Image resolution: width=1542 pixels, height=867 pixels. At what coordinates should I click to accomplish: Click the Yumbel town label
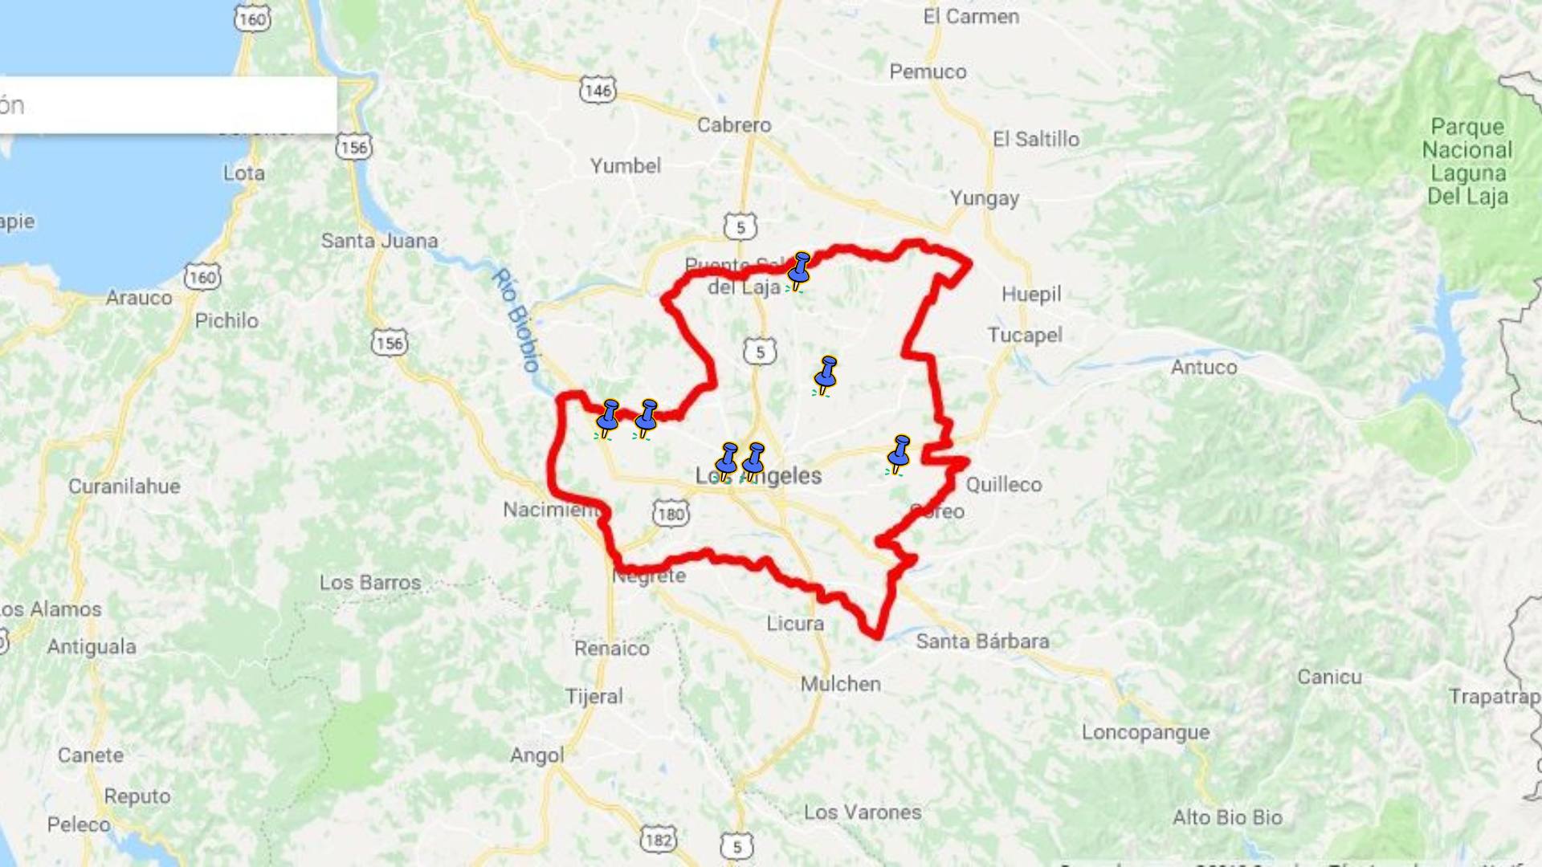pyautogui.click(x=626, y=166)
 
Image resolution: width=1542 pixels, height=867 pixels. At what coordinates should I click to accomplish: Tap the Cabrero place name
pyautogui.click(x=734, y=125)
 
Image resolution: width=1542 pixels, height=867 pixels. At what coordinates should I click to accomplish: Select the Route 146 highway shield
pyautogui.click(x=598, y=90)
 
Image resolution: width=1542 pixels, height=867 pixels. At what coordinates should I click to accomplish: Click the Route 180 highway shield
pyautogui.click(x=671, y=514)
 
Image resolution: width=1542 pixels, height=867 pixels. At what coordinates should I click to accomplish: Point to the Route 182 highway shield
pyautogui.click(x=658, y=840)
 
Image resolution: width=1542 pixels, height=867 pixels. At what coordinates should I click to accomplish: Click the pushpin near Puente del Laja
pyautogui.click(x=798, y=271)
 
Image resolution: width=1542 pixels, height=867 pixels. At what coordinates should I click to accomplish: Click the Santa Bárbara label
pyautogui.click(x=982, y=641)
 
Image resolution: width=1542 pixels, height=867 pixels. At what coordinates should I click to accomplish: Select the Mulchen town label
pyautogui.click(x=841, y=684)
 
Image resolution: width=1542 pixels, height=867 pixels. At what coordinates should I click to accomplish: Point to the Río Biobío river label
pyautogui.click(x=516, y=320)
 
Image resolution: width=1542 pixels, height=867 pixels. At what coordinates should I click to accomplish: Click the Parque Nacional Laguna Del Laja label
pyautogui.click(x=1467, y=161)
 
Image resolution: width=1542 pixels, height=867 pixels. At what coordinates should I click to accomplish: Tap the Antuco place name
pyautogui.click(x=1203, y=368)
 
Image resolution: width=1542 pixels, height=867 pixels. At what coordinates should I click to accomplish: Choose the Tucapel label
pyautogui.click(x=1025, y=335)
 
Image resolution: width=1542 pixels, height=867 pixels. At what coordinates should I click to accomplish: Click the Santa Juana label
pyautogui.click(x=379, y=241)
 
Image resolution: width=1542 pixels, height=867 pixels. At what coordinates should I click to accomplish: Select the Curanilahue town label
pyautogui.click(x=124, y=486)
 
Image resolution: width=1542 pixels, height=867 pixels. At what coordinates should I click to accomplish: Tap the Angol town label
pyautogui.click(x=537, y=755)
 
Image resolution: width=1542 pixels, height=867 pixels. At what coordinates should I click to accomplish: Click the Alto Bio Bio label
pyautogui.click(x=1227, y=818)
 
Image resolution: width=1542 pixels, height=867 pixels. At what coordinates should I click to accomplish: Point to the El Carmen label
pyautogui.click(x=971, y=17)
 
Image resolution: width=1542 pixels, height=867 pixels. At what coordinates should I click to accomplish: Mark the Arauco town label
pyautogui.click(x=139, y=298)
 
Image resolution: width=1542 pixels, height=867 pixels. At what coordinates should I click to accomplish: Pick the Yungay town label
pyautogui.click(x=985, y=198)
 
